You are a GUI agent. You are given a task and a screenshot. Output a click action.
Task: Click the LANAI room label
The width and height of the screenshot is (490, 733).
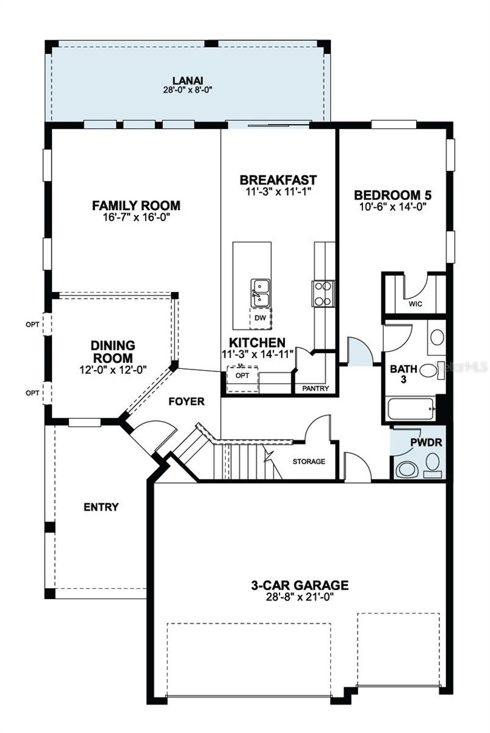click(187, 80)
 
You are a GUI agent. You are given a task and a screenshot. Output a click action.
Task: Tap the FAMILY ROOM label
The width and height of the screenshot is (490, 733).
click(136, 205)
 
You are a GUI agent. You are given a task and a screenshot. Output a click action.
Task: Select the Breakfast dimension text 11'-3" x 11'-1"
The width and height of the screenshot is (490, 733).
click(278, 192)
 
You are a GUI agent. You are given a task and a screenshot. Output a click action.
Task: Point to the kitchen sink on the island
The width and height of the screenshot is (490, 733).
click(261, 292)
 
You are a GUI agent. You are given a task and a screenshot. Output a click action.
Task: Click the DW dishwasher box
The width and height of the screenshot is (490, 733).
click(260, 318)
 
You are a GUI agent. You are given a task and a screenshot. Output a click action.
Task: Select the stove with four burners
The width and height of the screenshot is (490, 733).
click(323, 293)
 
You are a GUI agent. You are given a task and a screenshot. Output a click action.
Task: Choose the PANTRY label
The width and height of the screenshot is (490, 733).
click(315, 388)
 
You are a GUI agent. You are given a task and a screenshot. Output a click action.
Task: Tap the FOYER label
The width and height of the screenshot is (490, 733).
click(187, 401)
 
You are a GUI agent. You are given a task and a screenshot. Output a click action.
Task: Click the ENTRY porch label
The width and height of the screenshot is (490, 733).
click(101, 507)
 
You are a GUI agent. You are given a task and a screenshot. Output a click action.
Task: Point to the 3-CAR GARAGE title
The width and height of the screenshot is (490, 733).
click(300, 585)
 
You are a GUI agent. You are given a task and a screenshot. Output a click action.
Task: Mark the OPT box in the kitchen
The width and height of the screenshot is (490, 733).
click(242, 376)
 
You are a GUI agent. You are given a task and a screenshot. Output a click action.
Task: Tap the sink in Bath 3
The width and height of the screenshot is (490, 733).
click(436, 337)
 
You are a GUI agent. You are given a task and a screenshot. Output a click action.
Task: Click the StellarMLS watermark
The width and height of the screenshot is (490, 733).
click(461, 367)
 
